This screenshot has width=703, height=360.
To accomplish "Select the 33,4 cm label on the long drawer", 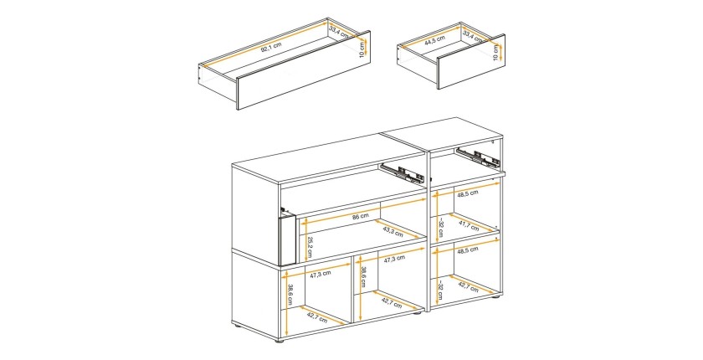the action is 339,33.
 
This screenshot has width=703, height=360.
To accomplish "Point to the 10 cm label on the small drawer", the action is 495,53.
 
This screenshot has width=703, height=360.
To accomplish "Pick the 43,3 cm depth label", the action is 393,231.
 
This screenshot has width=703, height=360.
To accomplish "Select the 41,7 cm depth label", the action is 469,225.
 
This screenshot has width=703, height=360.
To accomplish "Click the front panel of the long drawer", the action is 303,70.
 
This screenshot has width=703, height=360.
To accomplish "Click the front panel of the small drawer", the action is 470,61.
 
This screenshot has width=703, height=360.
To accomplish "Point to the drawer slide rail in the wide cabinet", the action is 403,173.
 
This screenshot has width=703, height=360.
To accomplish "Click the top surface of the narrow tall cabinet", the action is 443,136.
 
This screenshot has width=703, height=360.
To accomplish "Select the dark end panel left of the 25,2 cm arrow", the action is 286,239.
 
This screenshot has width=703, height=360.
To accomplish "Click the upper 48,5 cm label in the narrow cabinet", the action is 468,193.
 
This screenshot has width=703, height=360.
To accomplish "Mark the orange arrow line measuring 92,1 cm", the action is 264,44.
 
